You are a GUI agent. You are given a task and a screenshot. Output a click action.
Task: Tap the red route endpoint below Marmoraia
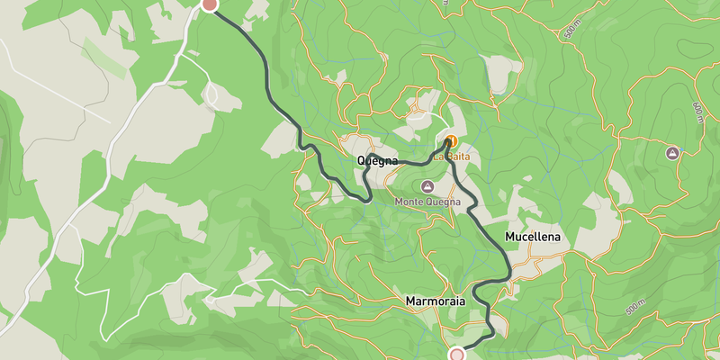click(457, 355)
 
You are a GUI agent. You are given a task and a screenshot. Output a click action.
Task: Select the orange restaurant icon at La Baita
click(451, 141)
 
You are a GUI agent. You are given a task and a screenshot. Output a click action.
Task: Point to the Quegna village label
click(377, 161)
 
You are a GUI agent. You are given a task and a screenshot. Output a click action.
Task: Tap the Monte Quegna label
click(427, 201)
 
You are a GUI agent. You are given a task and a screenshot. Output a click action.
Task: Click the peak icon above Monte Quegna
click(427, 186)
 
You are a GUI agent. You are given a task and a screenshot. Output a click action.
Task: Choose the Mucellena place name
click(532, 238)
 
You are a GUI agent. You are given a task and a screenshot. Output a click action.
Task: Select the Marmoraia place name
click(436, 301)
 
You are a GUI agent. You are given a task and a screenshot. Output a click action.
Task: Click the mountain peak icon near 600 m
click(671, 154)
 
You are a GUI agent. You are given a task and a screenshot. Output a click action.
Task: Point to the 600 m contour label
click(697, 112)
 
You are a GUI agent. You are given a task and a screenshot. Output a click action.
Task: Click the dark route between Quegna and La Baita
click(414, 163)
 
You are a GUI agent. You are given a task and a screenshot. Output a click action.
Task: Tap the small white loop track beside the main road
click(213, 93)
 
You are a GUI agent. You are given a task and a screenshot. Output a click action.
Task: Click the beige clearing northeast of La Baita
click(501, 72)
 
